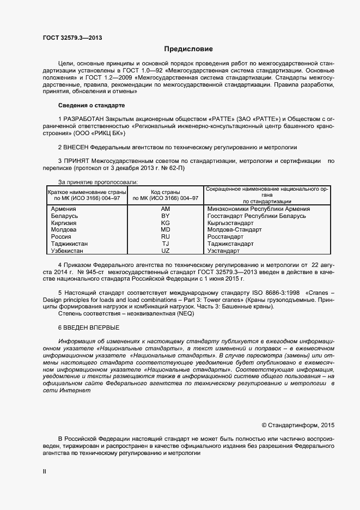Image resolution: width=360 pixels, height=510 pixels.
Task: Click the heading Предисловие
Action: pos(188,49)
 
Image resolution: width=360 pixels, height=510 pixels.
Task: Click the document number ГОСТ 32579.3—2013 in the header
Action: pos(71,38)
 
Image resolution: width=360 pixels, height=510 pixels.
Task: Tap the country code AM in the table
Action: pos(166,209)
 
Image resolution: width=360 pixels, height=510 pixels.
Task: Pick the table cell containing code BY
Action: pos(166,216)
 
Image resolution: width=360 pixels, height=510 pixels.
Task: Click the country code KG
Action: pos(166,223)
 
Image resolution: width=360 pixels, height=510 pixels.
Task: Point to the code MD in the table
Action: pos(166,230)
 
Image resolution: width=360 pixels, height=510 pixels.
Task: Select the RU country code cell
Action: pos(166,237)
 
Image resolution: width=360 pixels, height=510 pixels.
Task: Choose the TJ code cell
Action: pos(166,244)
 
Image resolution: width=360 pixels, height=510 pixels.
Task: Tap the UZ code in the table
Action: pos(166,251)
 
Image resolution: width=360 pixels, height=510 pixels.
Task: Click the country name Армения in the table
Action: pos(63,209)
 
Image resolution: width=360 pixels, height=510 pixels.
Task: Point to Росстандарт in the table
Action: pos(225,237)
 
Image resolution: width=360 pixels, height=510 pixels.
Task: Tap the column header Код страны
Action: pos(166,192)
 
